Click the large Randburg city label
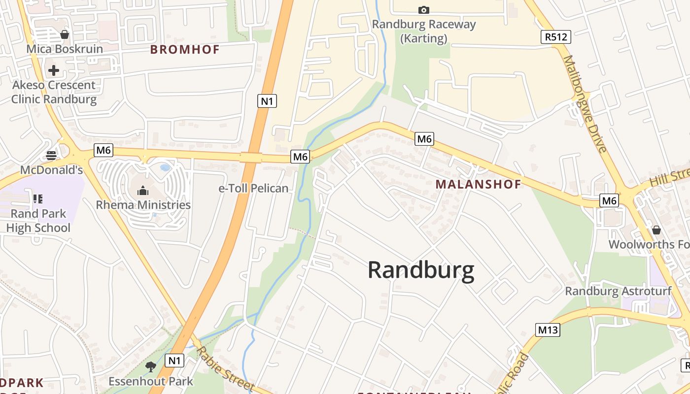pos(421,270)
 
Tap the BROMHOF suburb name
pos(185,49)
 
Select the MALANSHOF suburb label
pos(478,185)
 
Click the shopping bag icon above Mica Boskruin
pos(65,34)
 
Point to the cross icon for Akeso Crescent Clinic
pos(54,70)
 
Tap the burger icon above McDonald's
pos(51,156)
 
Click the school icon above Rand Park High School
pos(38,199)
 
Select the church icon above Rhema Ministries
pos(143,190)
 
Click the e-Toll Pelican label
pos(253,189)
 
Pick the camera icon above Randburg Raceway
pos(423,10)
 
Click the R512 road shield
pos(556,37)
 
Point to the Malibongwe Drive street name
pos(585,103)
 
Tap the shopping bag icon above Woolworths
pos(656,230)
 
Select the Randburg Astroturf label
pos(618,291)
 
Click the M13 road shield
pos(548,330)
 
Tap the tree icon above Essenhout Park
pos(151,366)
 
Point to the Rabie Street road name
pos(225,368)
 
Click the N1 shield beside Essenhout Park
pos(175,361)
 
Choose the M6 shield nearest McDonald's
pos(103,150)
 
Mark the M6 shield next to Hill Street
pos(609,200)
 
